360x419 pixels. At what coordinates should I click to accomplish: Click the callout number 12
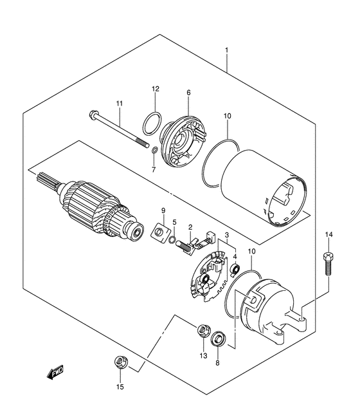[x=156, y=89]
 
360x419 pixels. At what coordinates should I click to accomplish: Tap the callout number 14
[x=329, y=235]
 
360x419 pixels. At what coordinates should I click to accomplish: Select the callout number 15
[x=120, y=387]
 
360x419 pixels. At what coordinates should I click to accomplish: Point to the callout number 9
[x=163, y=210]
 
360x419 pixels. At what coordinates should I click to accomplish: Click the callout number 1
[x=226, y=50]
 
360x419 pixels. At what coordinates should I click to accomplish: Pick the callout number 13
[x=203, y=356]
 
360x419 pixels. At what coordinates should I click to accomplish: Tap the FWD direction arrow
[x=55, y=372]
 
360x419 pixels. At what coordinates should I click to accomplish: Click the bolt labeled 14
[x=328, y=263]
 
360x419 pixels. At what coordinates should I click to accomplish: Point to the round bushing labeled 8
[x=219, y=339]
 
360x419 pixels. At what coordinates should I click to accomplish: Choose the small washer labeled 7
[x=154, y=151]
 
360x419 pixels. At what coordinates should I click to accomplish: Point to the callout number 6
[x=188, y=93]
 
